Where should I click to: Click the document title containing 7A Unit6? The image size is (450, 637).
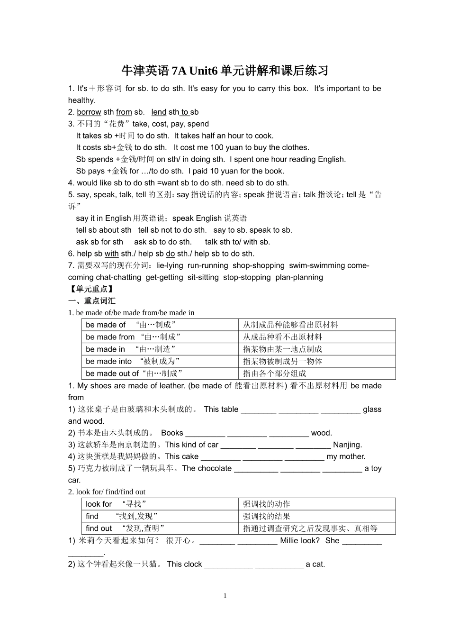point(225,71)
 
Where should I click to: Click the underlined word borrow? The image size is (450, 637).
point(89,112)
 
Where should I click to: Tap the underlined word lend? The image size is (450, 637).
point(159,112)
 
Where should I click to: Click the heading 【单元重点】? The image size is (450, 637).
point(91,289)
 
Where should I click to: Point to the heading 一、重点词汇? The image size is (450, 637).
point(92,301)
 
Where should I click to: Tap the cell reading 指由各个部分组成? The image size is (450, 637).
point(275,373)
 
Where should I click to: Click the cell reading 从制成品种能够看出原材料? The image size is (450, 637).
point(290,325)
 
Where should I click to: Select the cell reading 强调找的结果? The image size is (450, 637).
point(267,517)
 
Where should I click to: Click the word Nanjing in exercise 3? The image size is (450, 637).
point(347,445)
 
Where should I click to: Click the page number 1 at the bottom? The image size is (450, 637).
point(225,596)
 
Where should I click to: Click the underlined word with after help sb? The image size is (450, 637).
point(112,254)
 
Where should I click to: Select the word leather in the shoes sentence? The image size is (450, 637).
point(171,386)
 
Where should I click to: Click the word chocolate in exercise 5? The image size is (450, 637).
point(215,469)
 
